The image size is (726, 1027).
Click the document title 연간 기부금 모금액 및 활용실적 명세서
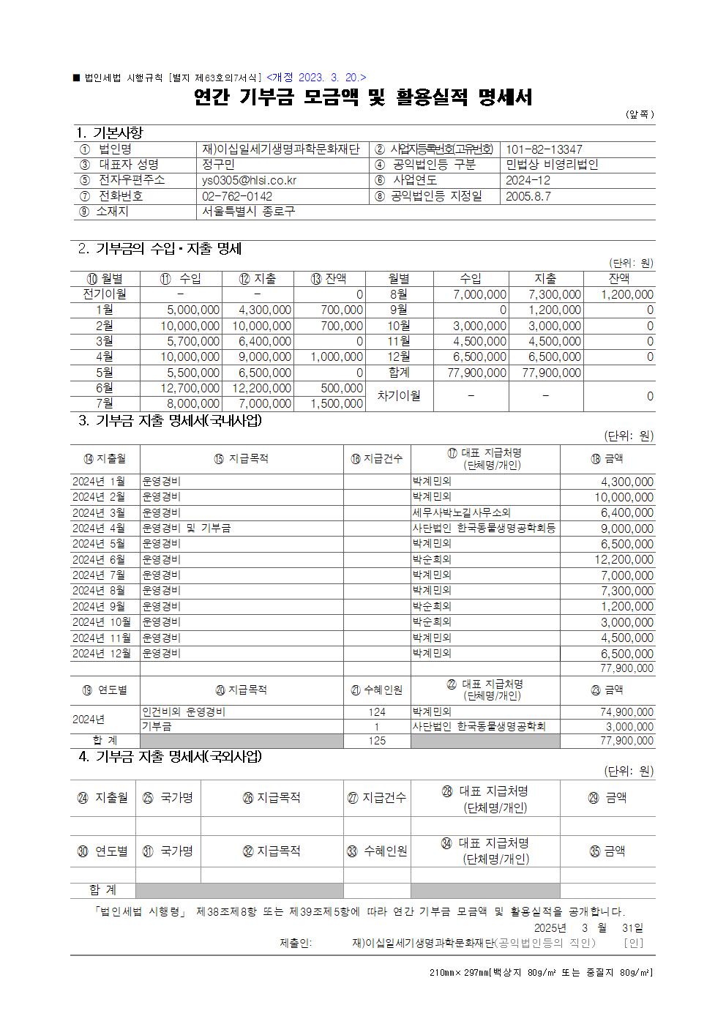pyautogui.click(x=363, y=97)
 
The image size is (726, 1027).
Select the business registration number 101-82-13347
pyautogui.click(x=544, y=149)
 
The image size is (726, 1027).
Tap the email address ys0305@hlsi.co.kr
pyautogui.click(x=249, y=180)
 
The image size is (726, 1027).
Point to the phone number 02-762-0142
pyautogui.click(x=237, y=196)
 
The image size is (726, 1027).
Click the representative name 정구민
pyautogui.click(x=217, y=165)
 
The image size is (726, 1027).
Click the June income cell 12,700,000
pyautogui.click(x=190, y=388)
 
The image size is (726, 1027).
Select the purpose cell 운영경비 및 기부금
pyautogui.click(x=187, y=528)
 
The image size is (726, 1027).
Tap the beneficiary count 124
pyautogui.click(x=377, y=712)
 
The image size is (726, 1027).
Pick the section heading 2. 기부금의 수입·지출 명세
pyautogui.click(x=160, y=249)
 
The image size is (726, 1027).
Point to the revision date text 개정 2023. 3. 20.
pyautogui.click(x=316, y=77)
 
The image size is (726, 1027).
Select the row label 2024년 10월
pyautogui.click(x=102, y=621)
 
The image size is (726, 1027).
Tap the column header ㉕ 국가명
pyautogui.click(x=168, y=798)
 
